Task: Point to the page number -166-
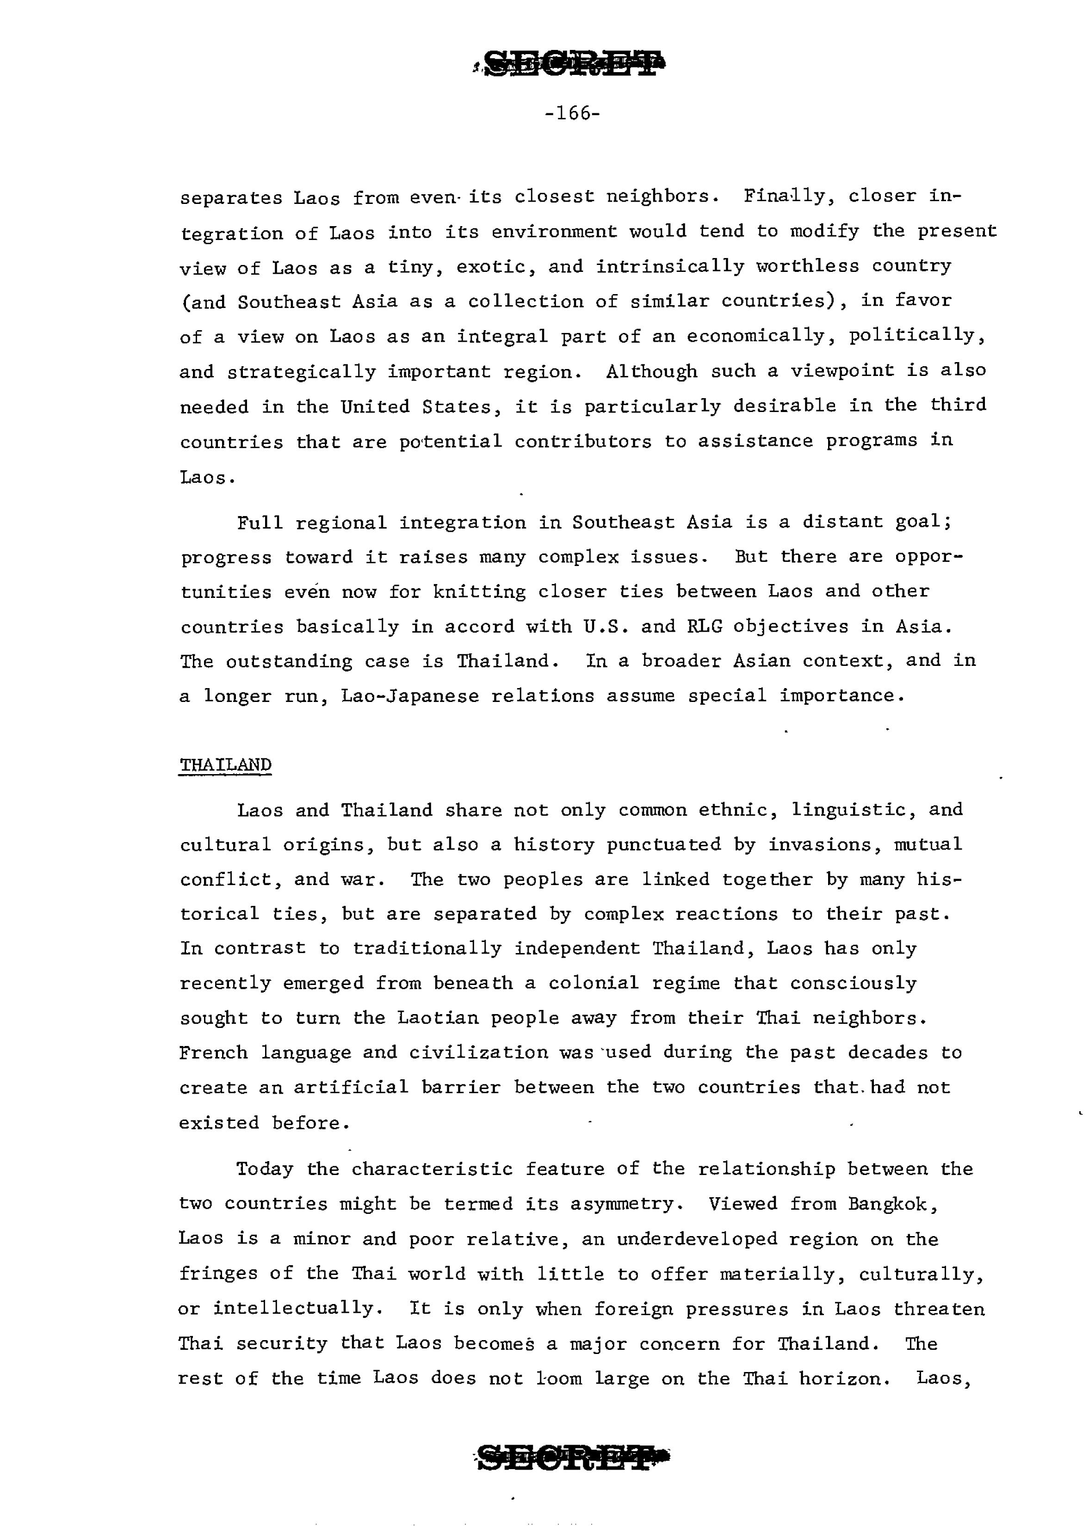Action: (572, 113)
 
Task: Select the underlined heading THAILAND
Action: (225, 765)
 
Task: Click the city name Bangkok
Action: (891, 1204)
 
